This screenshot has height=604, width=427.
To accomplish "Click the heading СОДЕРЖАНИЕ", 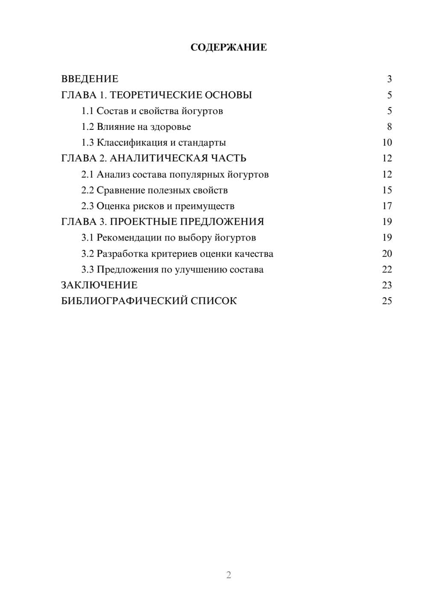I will click(x=228, y=47).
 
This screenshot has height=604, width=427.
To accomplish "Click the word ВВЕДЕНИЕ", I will click(x=90, y=79).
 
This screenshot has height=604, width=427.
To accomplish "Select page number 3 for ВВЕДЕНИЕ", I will click(x=389, y=79).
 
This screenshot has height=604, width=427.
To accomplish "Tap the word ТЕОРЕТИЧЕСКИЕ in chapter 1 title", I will click(x=155, y=95).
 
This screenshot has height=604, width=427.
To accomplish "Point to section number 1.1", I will click(x=87, y=111).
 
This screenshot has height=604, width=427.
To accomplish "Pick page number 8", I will click(x=389, y=127).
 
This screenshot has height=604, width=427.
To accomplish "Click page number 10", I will click(x=387, y=143).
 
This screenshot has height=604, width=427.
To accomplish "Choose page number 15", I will click(x=387, y=190).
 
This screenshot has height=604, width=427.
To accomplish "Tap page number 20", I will click(x=387, y=254).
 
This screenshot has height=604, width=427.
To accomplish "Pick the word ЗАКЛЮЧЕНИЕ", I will click(x=99, y=285).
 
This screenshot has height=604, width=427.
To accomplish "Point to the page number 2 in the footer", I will click(x=228, y=575).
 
